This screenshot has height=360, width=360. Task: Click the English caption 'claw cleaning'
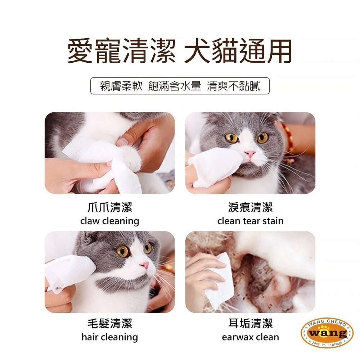coord(109,221)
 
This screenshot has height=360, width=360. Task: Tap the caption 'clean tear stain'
coord(250,221)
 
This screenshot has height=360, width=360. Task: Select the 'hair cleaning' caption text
coord(109,337)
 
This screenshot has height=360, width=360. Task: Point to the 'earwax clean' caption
coord(250,337)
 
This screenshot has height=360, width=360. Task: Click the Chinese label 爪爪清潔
coord(109,207)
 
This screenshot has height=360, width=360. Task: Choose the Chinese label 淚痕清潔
coord(250,207)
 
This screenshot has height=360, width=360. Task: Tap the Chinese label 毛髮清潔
coord(109,324)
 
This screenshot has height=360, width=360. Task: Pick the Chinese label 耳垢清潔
coord(250,324)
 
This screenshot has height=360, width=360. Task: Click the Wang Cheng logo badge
coord(327,333)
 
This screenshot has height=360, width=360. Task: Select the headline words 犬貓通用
coord(238,51)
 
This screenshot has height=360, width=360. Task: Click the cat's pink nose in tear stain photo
coord(249,153)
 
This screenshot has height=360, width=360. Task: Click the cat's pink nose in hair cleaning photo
coord(145,265)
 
